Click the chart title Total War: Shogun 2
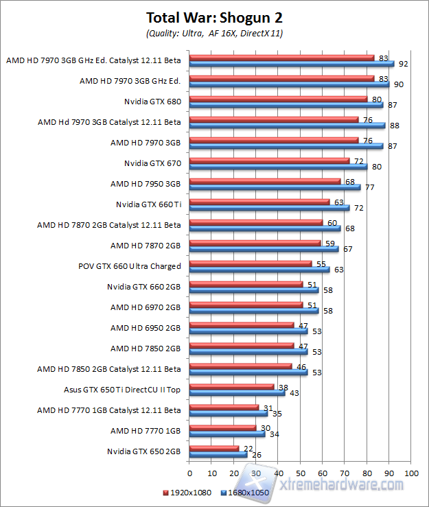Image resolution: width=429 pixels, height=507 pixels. (215, 17)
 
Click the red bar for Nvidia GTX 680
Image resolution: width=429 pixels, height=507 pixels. (278, 98)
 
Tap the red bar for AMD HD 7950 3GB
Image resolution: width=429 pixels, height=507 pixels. (264, 181)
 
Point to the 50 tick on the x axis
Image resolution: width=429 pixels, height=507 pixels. (301, 473)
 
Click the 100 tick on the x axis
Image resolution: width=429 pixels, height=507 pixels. (412, 473)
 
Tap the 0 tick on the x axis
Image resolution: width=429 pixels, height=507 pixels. (189, 473)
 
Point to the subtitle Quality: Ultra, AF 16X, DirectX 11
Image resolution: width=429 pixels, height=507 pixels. (215, 33)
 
